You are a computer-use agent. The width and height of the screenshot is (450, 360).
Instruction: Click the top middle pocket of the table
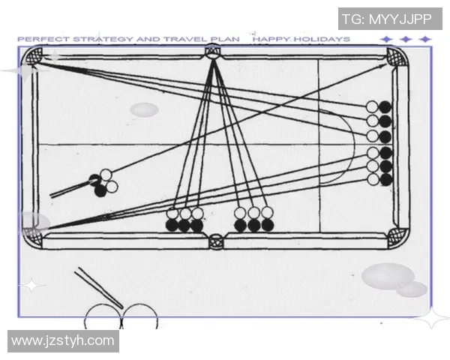coord(212,52)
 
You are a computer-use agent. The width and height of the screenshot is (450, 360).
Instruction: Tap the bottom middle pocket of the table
coord(216,241)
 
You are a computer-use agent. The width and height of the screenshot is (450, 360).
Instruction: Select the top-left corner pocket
coord(34,56)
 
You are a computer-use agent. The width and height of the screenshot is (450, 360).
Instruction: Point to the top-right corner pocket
coord(396,57)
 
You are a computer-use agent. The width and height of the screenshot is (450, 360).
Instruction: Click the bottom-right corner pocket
coord(397,237)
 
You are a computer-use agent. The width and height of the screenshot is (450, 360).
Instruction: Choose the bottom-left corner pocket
coord(32,237)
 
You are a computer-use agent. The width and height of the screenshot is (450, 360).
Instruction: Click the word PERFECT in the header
coord(43,39)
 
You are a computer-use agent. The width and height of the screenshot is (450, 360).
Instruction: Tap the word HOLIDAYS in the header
coord(322,39)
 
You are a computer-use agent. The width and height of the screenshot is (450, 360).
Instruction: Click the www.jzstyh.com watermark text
coord(63,340)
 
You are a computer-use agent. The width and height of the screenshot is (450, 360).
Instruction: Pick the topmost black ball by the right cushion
coord(385,107)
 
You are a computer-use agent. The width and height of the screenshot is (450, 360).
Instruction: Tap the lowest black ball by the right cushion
coord(386,180)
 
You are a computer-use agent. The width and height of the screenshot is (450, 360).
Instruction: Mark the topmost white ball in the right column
coord(372,106)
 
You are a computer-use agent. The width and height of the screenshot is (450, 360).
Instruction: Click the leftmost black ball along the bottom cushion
coord(172,225)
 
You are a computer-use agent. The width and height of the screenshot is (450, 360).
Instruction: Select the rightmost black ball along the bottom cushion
coord(268,225)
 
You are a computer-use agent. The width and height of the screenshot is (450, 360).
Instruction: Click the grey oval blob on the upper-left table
coord(144,109)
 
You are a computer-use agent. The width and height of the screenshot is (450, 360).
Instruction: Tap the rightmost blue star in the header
coord(425,39)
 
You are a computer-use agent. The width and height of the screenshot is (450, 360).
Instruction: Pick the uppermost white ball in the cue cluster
coord(106,175)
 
